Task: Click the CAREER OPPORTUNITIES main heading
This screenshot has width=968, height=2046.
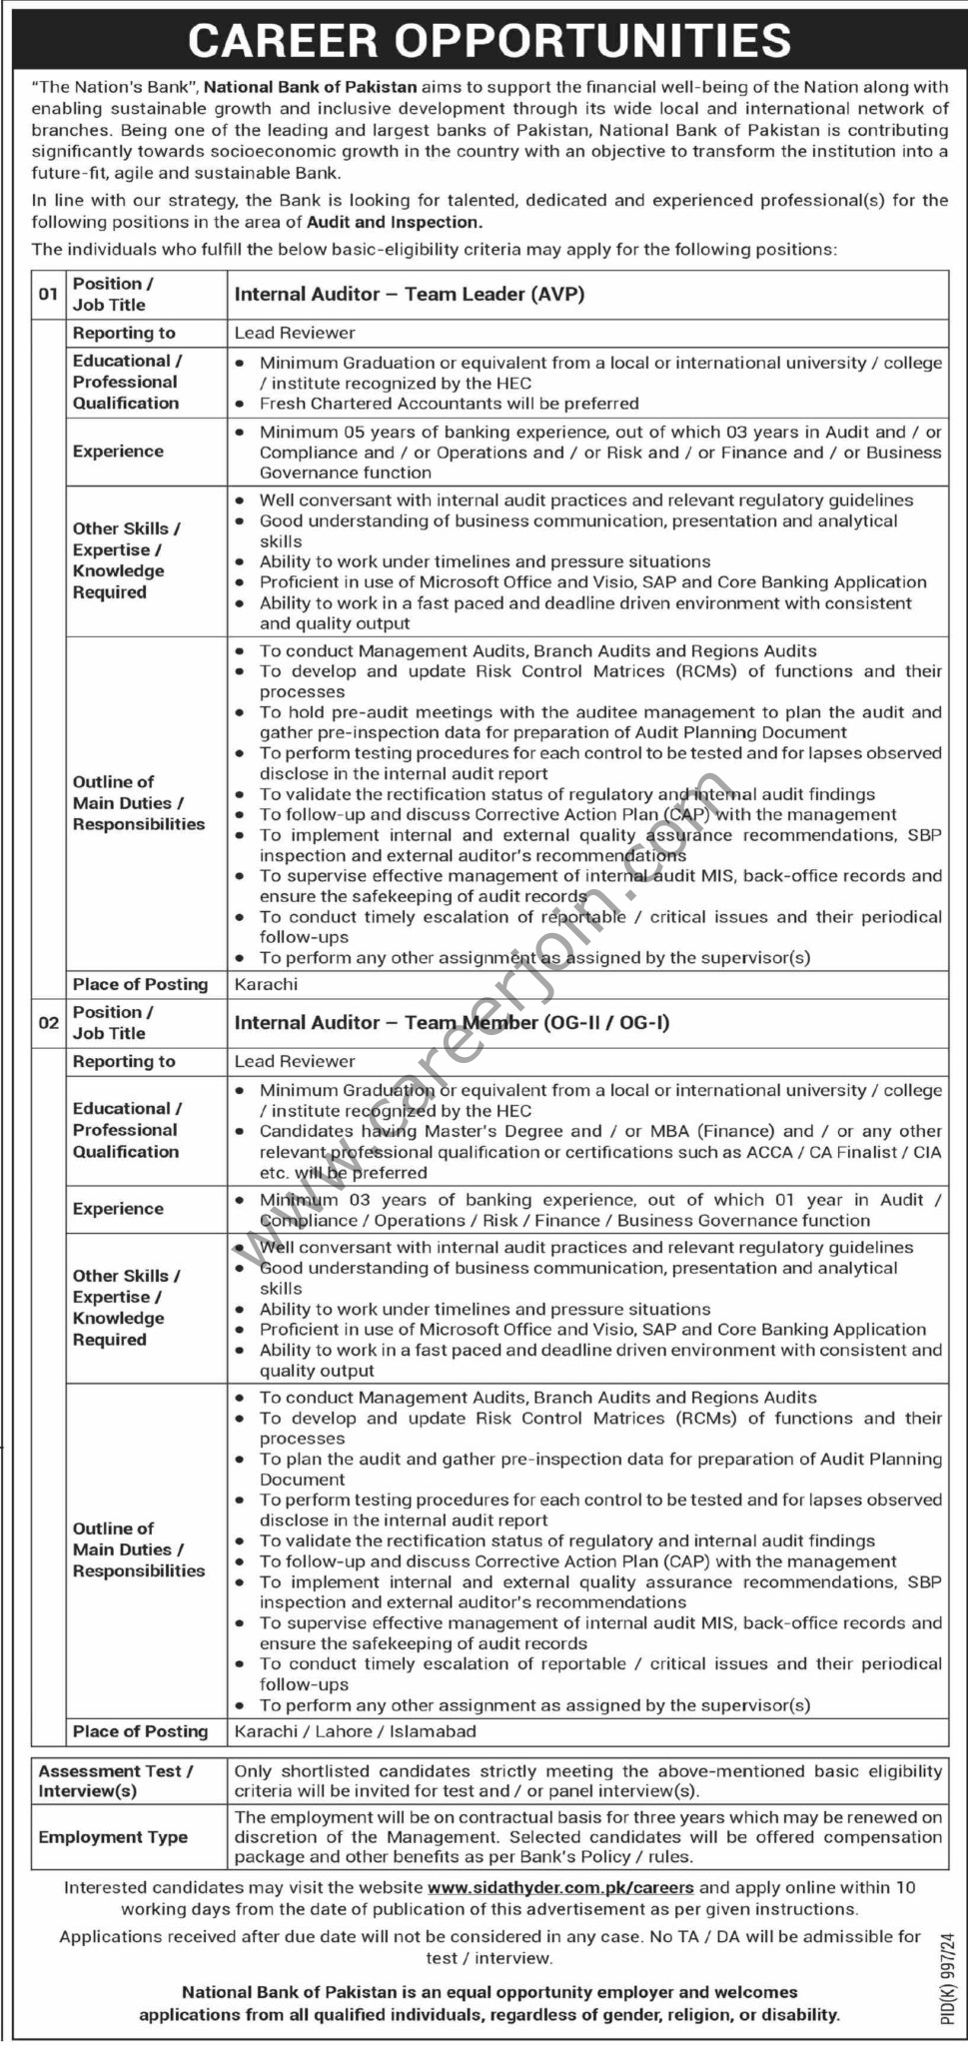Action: point(488,41)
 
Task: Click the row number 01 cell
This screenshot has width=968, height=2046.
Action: point(48,295)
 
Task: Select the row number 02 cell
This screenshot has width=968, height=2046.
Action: point(48,1023)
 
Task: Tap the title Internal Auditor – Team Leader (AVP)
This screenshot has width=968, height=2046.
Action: point(410,295)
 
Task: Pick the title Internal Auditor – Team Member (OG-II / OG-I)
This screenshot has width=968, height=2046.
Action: point(452,1023)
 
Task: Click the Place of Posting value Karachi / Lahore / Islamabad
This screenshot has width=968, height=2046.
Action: point(355,1731)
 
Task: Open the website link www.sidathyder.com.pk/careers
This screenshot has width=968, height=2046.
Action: point(559,1888)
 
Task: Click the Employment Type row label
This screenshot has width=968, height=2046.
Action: point(113,1837)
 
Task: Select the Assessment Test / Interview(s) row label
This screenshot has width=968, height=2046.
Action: point(115,1781)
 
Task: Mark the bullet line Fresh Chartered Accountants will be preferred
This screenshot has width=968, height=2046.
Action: point(449,404)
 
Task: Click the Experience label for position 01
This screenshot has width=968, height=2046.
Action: point(118,452)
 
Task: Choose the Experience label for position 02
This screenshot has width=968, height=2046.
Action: point(118,1209)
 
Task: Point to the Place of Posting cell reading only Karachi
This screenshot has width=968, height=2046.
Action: point(266,984)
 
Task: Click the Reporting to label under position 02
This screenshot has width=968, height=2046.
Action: point(124,1062)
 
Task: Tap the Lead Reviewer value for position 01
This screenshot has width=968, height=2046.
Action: point(295,333)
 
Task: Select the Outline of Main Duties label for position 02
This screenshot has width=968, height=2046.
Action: point(138,1549)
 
